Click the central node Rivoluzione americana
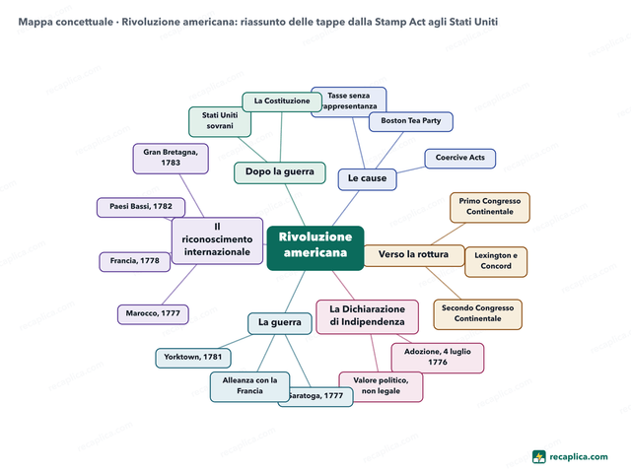pos(315,248)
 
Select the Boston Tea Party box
pos(411,121)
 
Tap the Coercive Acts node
pos(460,159)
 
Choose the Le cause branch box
pos(367,179)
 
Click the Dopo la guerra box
pos(280,172)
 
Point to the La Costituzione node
pos(282,101)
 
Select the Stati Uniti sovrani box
pos(220,121)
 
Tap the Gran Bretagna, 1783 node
pos(171,159)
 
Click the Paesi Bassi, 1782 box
pos(141,207)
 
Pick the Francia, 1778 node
pos(135,262)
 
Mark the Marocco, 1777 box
pos(153,314)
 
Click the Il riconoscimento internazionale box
pos(217,240)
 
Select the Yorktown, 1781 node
pos(193,358)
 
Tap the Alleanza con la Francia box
pos(249,386)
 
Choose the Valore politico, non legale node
pos(381,386)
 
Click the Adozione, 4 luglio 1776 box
pos(438,358)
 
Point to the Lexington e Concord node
pos(496,262)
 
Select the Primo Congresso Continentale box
pos(490,208)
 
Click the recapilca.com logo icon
pos(539,457)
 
